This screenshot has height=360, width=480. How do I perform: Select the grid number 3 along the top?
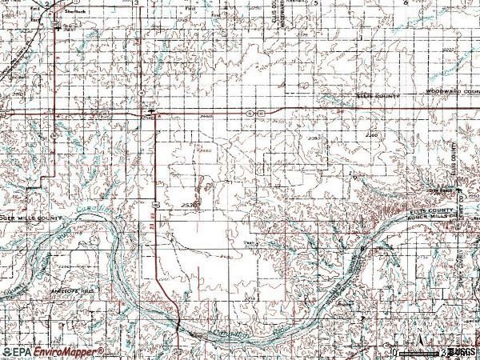coord(137,3)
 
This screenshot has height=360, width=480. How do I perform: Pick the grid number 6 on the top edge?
coord(406,3)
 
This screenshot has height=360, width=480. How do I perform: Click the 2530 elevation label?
coord(189,205)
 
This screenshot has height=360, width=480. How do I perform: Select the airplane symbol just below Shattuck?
coord(56,23)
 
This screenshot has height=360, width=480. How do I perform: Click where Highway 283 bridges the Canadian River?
coord(178,323)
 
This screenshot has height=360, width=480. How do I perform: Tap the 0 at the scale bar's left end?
coord(394,351)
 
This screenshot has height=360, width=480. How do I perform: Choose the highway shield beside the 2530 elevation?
coord(154,206)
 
